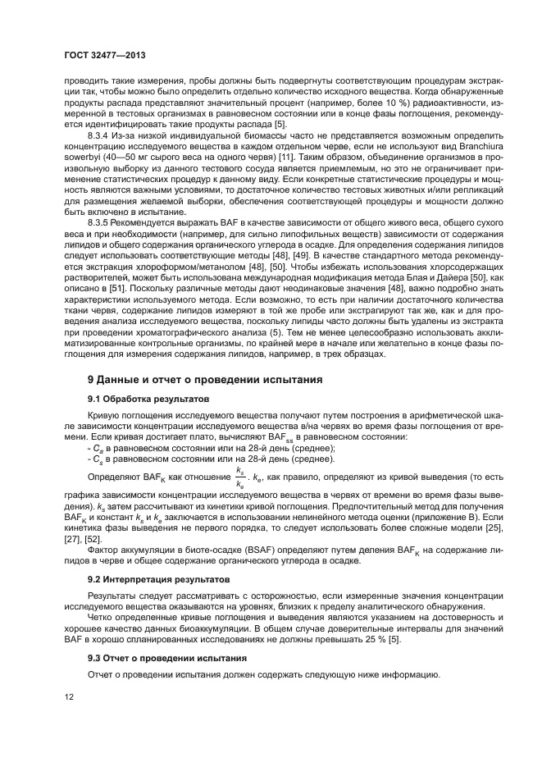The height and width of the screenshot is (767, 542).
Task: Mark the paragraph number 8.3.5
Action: tap(102, 221)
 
